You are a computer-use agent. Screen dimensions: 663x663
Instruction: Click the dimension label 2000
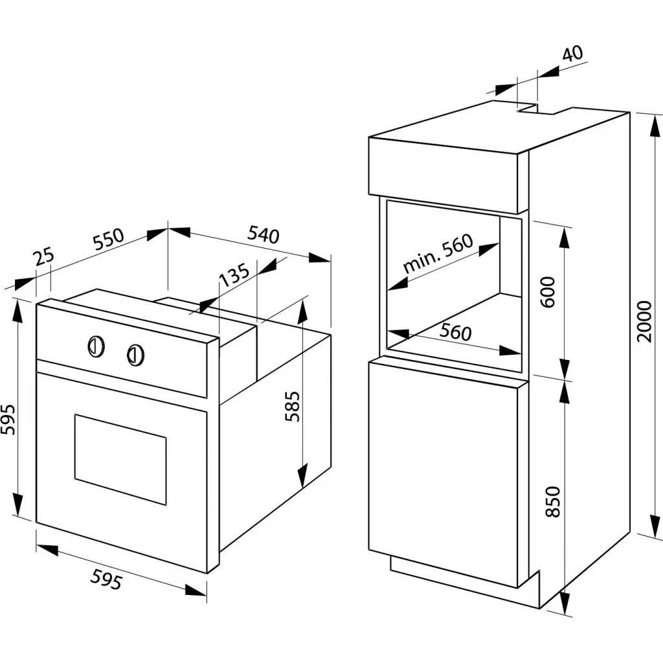pos(645,322)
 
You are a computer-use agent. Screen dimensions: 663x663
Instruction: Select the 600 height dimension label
pos(548,292)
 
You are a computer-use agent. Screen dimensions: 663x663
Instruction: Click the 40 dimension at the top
pos(572,54)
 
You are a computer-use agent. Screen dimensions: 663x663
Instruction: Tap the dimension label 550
pos(107,240)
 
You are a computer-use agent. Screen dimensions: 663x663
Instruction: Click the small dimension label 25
pos(44,257)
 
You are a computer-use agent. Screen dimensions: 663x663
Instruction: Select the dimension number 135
pos(233,276)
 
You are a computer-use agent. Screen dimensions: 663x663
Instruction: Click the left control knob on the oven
pos(95,346)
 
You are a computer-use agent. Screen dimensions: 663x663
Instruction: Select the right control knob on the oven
pos(135,354)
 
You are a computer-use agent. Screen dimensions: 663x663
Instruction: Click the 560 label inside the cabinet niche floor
pos(456,333)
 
